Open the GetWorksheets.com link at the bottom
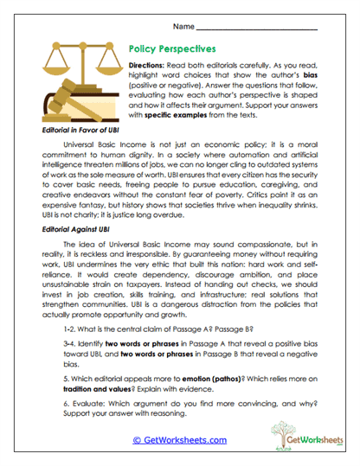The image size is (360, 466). (x=179, y=439)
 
